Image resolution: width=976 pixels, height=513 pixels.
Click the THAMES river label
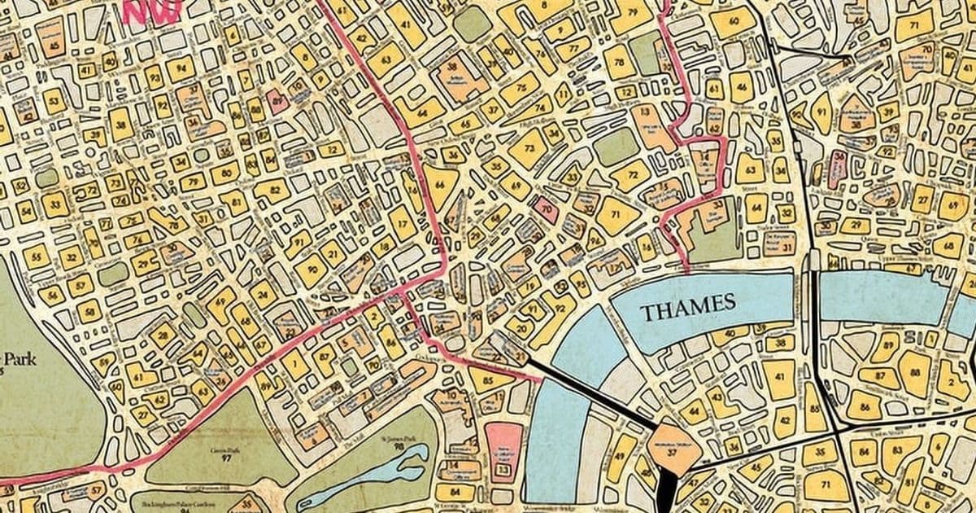coord(687,307)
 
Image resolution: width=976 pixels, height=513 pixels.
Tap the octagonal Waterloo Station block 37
coord(672,450)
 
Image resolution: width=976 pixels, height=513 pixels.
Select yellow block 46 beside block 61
coord(741,86)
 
